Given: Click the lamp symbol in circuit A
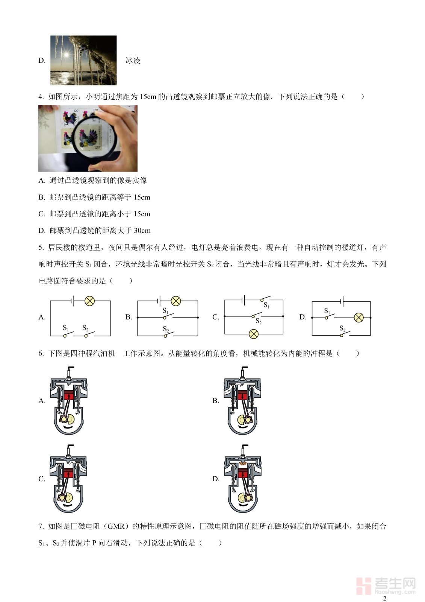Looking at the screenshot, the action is (x=90, y=301).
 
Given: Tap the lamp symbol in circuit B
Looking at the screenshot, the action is (x=176, y=301).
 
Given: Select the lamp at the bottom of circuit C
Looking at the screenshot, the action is (x=254, y=334).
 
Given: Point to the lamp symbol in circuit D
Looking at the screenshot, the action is (x=359, y=318).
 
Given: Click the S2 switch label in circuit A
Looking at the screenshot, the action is (x=85, y=328).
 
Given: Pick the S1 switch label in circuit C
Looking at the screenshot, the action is (x=266, y=305).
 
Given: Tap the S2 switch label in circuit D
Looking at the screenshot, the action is (x=342, y=328).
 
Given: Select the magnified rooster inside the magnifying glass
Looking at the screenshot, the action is (x=88, y=136).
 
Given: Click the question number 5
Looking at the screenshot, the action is (x=41, y=247).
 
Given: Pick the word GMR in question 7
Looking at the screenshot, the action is (x=116, y=526).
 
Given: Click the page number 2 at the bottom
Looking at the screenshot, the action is (x=384, y=598).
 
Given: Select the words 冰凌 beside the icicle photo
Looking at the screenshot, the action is (x=133, y=61).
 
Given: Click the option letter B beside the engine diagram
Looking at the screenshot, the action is (x=216, y=401).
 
